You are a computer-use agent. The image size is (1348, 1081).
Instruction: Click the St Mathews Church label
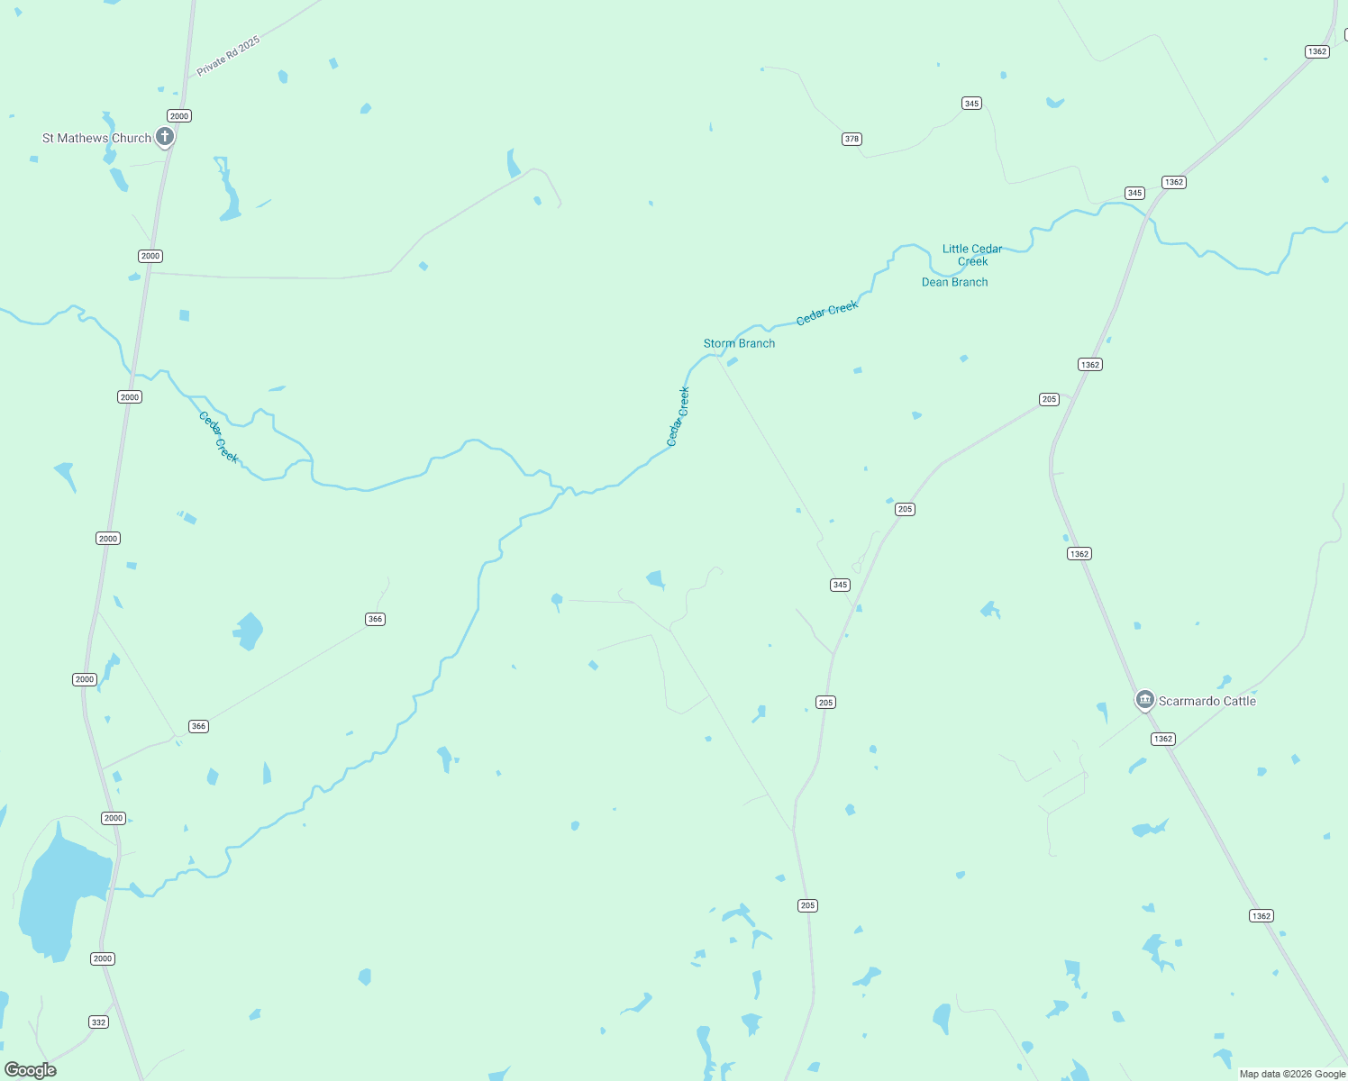click(96, 138)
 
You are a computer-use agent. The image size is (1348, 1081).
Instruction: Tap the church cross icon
click(165, 137)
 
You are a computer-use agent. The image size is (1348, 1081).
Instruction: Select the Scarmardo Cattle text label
click(1207, 701)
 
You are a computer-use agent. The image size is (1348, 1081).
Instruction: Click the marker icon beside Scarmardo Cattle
click(1145, 699)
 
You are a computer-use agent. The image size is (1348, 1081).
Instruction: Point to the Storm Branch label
click(739, 343)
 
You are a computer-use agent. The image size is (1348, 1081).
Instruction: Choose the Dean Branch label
click(954, 282)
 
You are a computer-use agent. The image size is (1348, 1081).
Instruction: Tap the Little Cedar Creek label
click(972, 255)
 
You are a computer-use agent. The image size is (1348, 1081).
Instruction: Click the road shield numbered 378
click(852, 139)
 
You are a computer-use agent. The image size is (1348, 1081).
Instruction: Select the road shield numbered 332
click(98, 1022)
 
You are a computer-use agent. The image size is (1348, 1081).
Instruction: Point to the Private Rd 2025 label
click(228, 56)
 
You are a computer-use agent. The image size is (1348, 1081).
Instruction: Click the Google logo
click(31, 1069)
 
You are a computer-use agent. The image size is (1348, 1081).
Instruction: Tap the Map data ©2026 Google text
click(1292, 1074)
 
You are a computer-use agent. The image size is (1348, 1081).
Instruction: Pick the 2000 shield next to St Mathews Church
click(179, 115)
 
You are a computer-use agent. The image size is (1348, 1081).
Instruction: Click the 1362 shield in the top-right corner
click(1317, 51)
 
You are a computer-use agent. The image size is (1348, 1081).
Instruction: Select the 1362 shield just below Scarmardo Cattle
click(1163, 739)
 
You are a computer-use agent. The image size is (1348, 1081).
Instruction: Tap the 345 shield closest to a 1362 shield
click(1134, 193)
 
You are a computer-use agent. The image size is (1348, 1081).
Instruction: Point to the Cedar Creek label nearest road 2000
click(219, 437)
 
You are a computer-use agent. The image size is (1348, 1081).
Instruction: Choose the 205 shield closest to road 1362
click(1049, 399)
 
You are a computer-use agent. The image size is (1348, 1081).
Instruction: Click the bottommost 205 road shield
click(807, 905)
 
